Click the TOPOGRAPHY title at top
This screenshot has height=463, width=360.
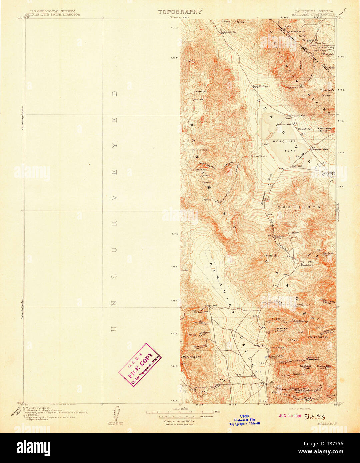tap(180, 12)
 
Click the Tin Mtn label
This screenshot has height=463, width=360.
tap(188, 61)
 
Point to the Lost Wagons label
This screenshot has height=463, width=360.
tap(260, 86)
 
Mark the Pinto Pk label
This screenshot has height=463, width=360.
tap(271, 256)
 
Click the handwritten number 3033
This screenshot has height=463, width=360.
tap(315, 417)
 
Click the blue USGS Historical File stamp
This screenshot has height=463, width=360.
tap(244, 420)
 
